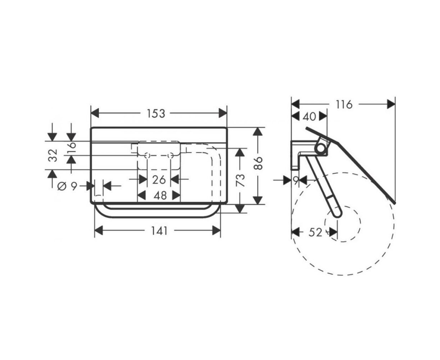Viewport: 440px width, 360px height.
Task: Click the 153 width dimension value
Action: tap(156, 114)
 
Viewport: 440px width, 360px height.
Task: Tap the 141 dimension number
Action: tap(159, 231)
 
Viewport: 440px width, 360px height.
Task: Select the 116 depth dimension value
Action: tap(344, 105)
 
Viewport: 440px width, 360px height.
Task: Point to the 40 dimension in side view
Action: tap(309, 117)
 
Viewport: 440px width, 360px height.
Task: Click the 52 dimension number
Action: tap(316, 233)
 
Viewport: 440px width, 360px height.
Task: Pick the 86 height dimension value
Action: tap(258, 163)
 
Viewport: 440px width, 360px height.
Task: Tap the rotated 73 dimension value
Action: tap(240, 180)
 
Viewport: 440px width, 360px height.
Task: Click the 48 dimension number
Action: tap(160, 196)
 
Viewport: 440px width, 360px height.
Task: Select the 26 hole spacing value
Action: tap(159, 180)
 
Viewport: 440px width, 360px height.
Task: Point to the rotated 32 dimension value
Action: tap(53, 156)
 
